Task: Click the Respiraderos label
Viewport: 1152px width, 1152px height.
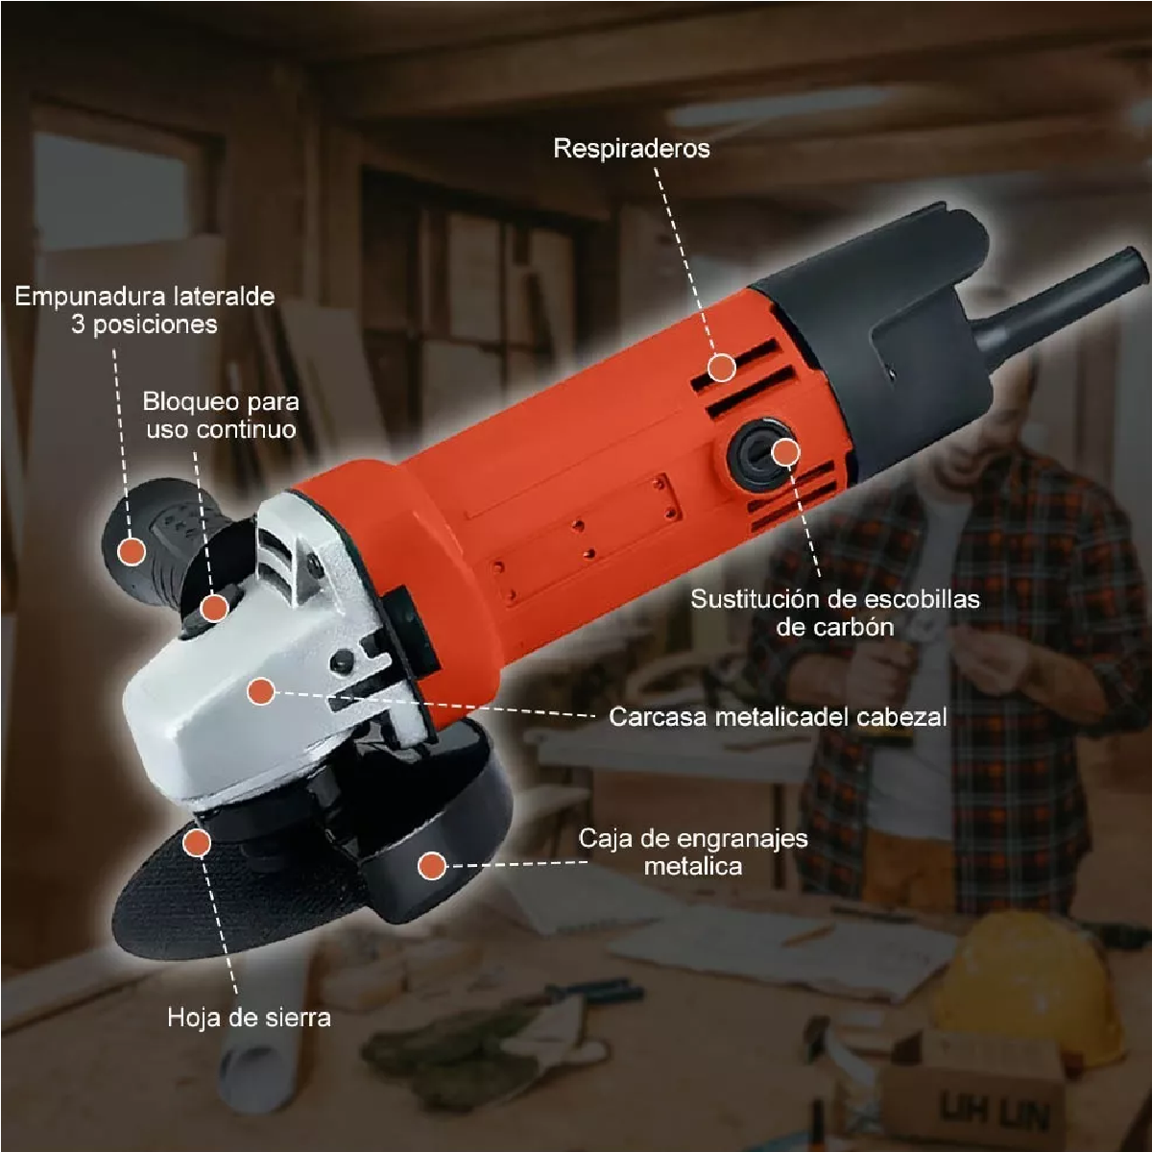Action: (632, 148)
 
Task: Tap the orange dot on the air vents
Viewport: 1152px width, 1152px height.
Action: (722, 367)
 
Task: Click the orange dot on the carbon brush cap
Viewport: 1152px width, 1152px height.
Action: (785, 452)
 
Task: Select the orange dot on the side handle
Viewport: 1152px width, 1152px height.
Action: (132, 551)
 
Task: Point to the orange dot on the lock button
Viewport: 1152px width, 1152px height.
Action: (214, 608)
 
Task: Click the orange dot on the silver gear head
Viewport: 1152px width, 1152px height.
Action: (261, 691)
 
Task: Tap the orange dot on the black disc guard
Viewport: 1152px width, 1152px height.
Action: (432, 865)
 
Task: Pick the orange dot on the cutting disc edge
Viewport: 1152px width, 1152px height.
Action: (197, 842)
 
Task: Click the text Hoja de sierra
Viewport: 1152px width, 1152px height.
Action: (249, 1017)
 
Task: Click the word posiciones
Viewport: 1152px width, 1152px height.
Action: (156, 324)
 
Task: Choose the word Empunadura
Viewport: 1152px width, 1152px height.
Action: (83, 297)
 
